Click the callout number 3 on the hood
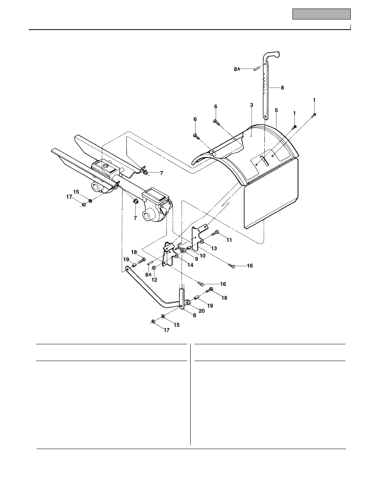point(252,105)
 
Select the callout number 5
point(276,110)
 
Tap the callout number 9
point(196,258)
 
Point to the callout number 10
point(202,255)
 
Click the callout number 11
point(229,240)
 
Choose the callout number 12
point(154,280)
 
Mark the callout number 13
point(214,248)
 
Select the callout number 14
point(190,265)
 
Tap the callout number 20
point(201,311)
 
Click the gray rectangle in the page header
point(322,14)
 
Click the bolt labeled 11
point(216,234)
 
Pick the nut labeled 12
point(154,268)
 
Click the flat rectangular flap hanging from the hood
point(271,195)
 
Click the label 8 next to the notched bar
point(282,88)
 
